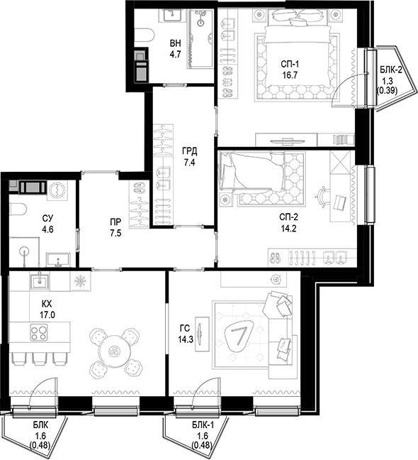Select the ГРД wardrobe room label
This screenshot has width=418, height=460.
coord(189,150)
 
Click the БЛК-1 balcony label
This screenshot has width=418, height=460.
coord(203,425)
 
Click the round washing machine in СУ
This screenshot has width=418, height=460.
coord(57,188)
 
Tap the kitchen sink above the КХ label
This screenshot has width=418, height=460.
coord(38,283)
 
